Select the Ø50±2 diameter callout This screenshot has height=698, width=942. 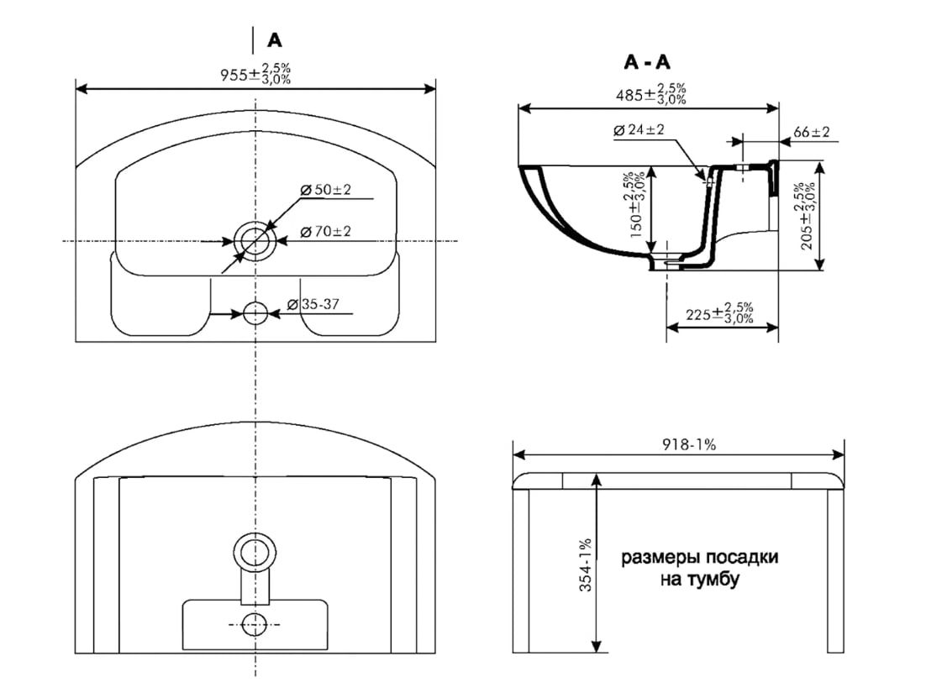tap(325, 190)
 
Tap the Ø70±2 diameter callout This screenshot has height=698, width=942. tap(325, 231)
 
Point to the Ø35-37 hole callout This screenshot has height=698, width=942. tap(313, 305)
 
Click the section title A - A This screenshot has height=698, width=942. tap(647, 62)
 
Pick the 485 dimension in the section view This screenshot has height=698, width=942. tap(650, 94)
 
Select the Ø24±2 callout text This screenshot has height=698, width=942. tap(639, 129)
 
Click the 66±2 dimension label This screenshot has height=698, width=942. tap(811, 132)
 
